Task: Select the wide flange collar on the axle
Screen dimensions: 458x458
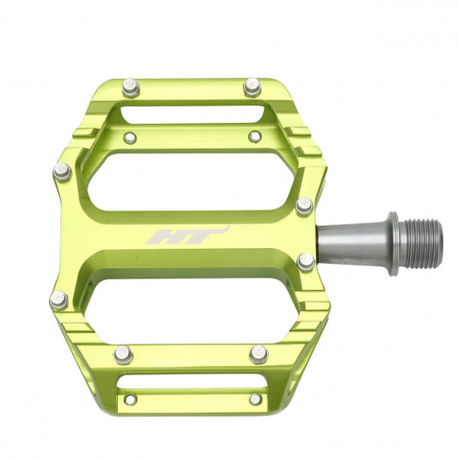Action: point(392,243)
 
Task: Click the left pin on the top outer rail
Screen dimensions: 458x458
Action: point(130,87)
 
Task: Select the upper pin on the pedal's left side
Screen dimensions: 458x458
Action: point(62,171)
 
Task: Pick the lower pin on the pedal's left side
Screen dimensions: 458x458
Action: point(58,299)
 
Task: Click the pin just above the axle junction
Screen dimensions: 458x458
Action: point(304,205)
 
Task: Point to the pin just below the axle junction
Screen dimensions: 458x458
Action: point(306,262)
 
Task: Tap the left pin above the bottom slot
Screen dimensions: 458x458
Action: point(124,353)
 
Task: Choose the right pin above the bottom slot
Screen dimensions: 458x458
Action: point(259,353)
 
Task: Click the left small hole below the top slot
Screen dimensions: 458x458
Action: point(130,137)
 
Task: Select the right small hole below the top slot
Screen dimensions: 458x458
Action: point(254,136)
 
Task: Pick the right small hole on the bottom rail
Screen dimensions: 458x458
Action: point(254,399)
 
